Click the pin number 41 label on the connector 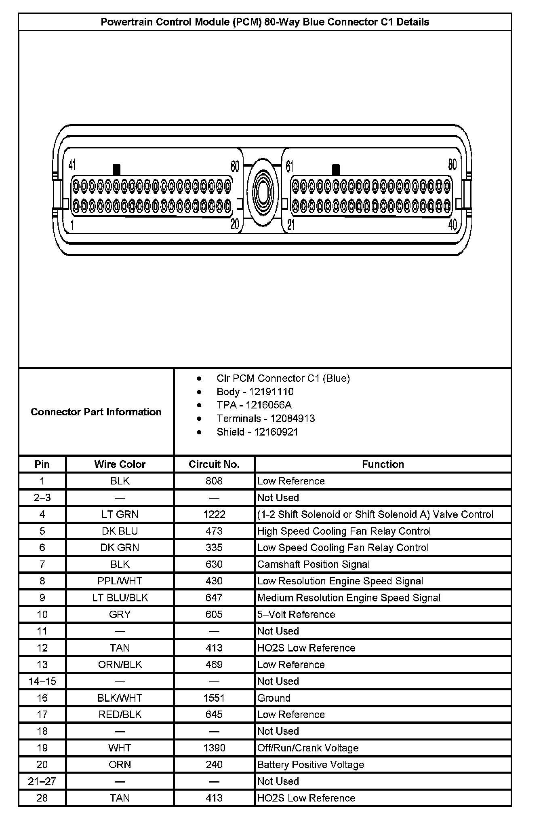(x=72, y=165)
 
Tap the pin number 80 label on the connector (x=452, y=165)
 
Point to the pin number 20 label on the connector (x=235, y=224)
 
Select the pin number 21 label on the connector (x=291, y=225)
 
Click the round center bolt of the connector (x=263, y=190)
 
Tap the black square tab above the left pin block (x=117, y=169)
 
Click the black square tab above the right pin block (x=336, y=169)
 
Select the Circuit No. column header (x=214, y=464)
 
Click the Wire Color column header (x=120, y=464)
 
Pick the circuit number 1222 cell (x=214, y=514)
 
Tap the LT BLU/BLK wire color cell (x=120, y=598)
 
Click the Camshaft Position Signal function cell (x=314, y=564)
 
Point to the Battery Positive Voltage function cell (x=311, y=765)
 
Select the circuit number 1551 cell (x=214, y=698)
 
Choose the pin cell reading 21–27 (x=42, y=781)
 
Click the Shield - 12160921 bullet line (x=257, y=432)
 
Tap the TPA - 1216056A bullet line (x=254, y=405)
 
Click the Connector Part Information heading (x=96, y=412)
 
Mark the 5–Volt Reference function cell (x=296, y=614)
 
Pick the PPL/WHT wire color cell (x=120, y=581)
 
